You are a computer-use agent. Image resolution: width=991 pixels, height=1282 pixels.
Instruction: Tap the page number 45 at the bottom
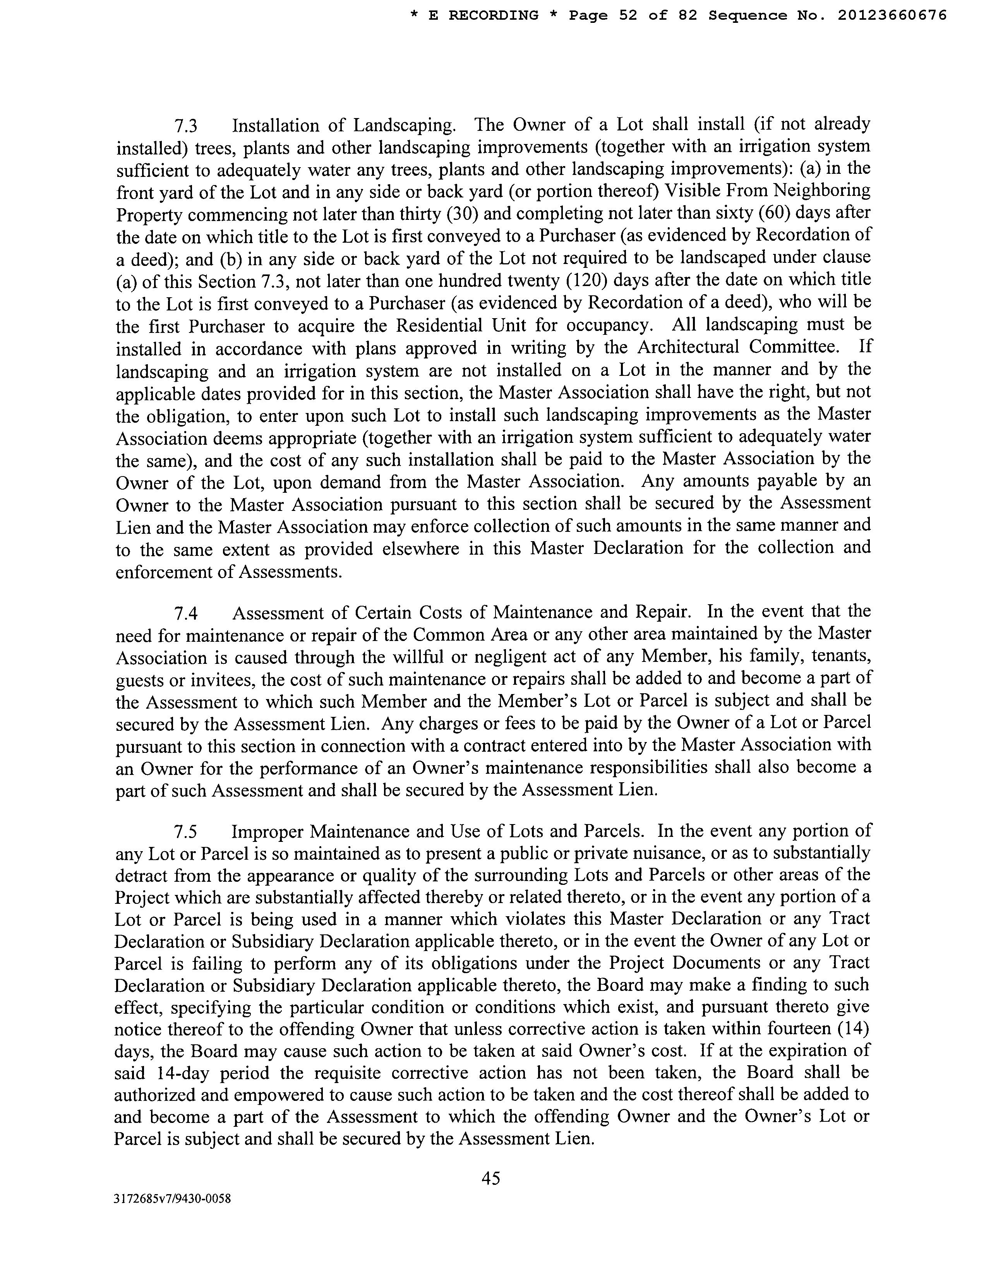(x=491, y=1177)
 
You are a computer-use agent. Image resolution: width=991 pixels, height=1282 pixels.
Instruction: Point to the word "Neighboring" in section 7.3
(x=820, y=191)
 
